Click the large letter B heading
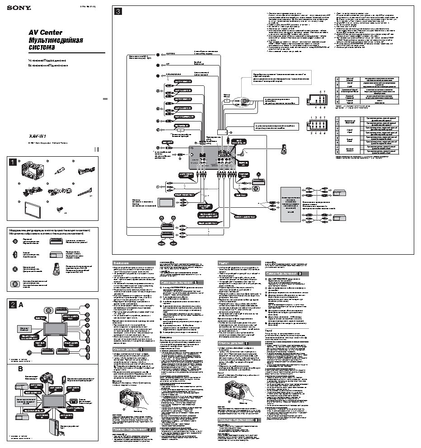point(20,369)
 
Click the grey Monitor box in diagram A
point(23,328)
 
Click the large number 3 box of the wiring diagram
point(118,13)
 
